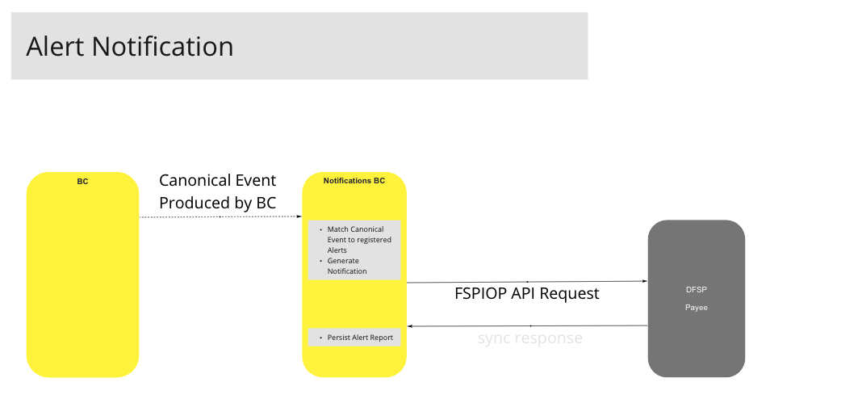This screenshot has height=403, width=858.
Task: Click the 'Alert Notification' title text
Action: point(130,47)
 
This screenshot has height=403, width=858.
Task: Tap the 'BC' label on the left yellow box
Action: point(82,182)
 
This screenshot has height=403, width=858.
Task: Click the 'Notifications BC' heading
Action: point(354,181)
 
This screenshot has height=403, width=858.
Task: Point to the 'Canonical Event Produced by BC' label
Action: point(217,191)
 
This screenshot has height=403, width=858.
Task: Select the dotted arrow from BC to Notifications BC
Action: point(220,217)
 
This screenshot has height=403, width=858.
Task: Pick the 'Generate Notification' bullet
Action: point(347,266)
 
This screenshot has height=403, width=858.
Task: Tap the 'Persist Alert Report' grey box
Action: point(354,337)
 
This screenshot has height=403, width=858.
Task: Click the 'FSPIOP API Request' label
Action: point(527,293)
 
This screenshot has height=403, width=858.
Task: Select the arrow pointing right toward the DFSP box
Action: point(526,282)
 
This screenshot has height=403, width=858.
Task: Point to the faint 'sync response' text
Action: point(529,338)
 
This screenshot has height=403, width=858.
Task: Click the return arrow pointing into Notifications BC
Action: point(529,325)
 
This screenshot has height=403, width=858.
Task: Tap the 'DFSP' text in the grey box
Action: point(696,289)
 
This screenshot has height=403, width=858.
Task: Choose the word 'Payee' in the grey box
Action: point(696,308)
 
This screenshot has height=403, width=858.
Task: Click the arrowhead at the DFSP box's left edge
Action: point(644,282)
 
